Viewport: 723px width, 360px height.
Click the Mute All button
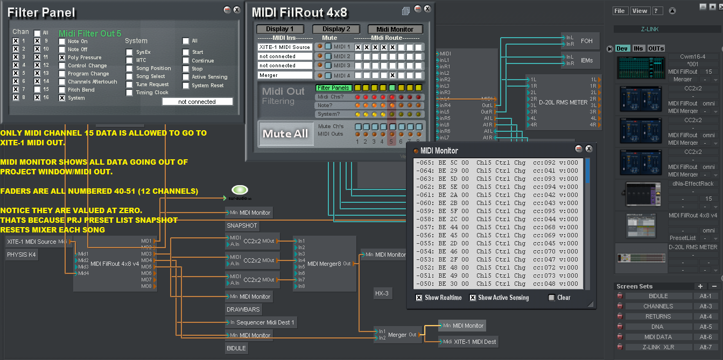(x=285, y=133)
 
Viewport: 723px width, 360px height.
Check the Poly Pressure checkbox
(x=62, y=57)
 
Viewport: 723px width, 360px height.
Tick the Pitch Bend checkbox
(x=62, y=90)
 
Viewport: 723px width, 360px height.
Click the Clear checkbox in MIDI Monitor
(x=551, y=298)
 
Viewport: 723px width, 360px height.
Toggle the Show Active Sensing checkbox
(x=473, y=298)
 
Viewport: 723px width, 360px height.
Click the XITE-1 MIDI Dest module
(x=473, y=341)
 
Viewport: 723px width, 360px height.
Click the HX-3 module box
(x=382, y=293)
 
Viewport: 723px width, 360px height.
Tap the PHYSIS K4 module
(x=22, y=255)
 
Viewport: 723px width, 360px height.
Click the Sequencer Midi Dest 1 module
(x=262, y=322)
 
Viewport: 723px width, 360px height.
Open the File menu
(x=620, y=11)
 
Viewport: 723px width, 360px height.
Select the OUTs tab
(x=656, y=48)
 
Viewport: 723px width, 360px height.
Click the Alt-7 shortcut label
(x=705, y=347)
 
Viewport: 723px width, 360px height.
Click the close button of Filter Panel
(x=236, y=10)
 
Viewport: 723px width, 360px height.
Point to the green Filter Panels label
(x=333, y=88)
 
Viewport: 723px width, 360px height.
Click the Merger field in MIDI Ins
(x=284, y=75)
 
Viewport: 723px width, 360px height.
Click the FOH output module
(x=586, y=41)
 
